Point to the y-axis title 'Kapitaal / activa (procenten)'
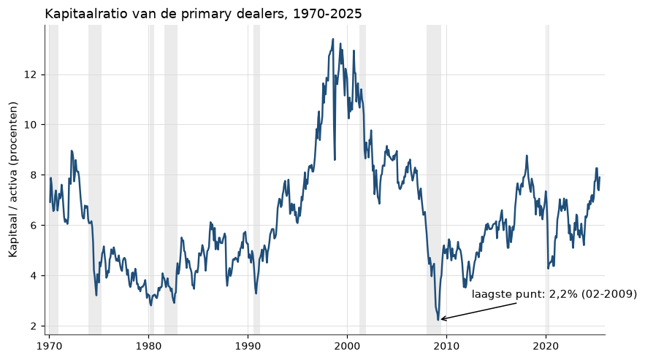tap(14, 180)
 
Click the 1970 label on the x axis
tap(50, 346)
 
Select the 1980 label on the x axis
tap(148, 346)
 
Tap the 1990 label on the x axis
tap(248, 346)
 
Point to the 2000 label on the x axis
tap(347, 346)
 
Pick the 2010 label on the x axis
tap(446, 346)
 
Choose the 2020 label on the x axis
tap(546, 346)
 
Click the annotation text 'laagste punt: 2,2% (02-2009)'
tap(554, 294)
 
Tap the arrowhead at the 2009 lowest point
tap(441, 319)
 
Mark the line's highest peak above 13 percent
tap(333, 39)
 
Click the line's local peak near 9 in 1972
tap(72, 150)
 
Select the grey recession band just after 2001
tap(362, 180)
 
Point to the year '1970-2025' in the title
tap(327, 14)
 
